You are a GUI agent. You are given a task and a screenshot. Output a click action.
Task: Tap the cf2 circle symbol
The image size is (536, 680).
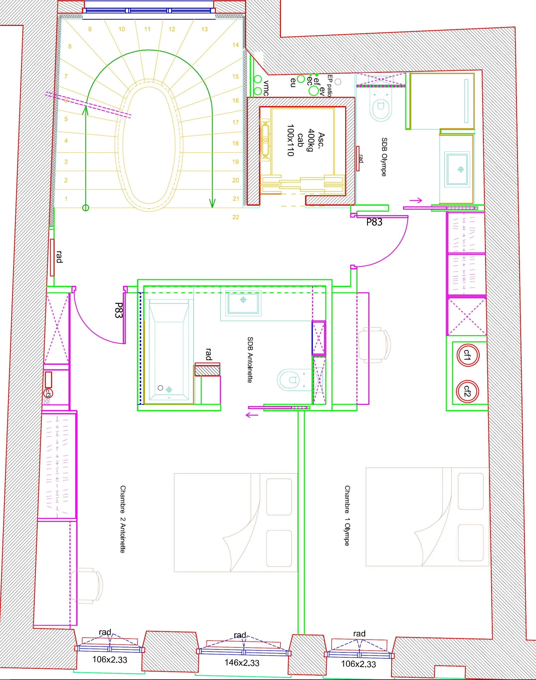pyautogui.click(x=467, y=391)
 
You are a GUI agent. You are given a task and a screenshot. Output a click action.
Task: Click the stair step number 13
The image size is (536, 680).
pyautogui.click(x=204, y=29)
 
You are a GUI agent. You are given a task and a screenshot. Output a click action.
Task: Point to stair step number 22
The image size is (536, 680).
pyautogui.click(x=236, y=217)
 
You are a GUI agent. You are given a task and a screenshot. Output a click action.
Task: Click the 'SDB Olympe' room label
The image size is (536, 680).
pyautogui.click(x=384, y=157)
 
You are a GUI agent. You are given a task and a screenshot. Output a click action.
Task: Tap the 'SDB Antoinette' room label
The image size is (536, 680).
pyautogui.click(x=250, y=360)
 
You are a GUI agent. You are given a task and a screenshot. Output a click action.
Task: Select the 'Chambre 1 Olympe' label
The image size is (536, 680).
pyautogui.click(x=347, y=516)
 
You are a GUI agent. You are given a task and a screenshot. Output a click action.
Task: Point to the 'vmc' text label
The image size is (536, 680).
pyautogui.click(x=266, y=88)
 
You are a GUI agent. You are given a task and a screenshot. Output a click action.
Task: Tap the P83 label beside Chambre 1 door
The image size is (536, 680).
pyautogui.click(x=374, y=222)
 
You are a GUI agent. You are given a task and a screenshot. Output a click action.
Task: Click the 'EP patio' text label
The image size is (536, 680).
pyautogui.click(x=330, y=86)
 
